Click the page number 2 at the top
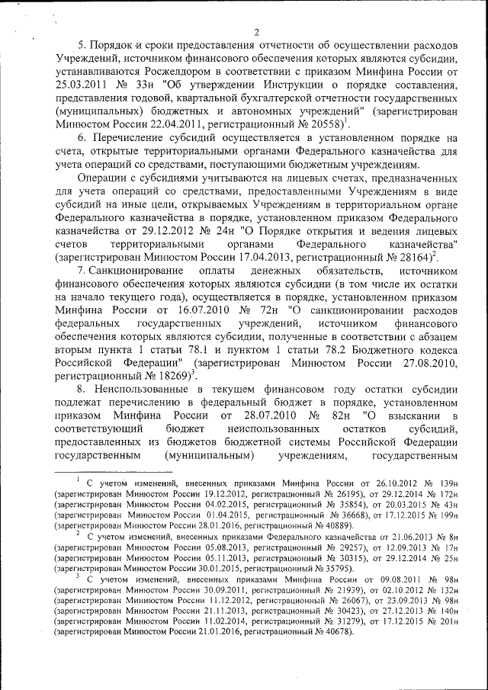click(257, 31)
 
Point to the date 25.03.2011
click(88, 91)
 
